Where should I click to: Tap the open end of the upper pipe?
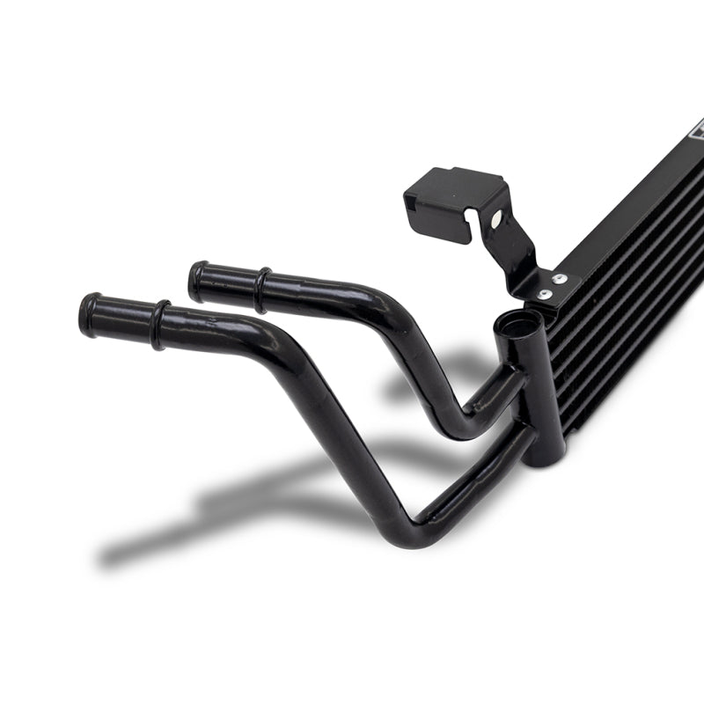pyautogui.click(x=198, y=281)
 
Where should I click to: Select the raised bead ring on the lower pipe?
pyautogui.click(x=159, y=324)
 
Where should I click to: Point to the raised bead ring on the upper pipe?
pyautogui.click(x=261, y=290)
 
